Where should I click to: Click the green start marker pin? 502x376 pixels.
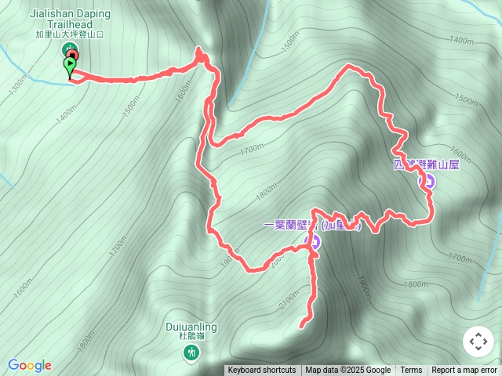(x=71, y=66)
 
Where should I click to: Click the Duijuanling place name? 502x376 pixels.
(x=191, y=327)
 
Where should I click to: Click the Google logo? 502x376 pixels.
(x=30, y=365)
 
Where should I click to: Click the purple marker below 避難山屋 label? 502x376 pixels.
(x=428, y=182)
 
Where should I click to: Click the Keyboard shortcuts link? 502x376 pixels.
(x=262, y=371)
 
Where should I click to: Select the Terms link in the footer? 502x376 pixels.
(x=411, y=371)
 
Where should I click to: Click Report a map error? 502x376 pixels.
(x=464, y=371)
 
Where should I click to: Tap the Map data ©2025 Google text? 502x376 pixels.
(x=347, y=371)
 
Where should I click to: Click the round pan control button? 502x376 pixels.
(x=478, y=342)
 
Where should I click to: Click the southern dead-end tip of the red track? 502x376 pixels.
(x=303, y=324)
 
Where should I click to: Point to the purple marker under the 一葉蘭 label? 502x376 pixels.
(x=312, y=242)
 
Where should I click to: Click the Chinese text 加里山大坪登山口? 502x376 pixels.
(x=71, y=34)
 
